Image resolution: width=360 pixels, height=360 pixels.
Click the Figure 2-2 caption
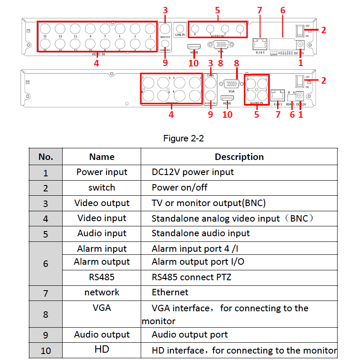click(x=183, y=139)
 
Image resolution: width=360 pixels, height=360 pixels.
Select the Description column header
click(x=239, y=157)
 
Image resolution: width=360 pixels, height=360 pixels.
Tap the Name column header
click(x=102, y=157)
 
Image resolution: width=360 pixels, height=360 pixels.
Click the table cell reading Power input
click(x=102, y=172)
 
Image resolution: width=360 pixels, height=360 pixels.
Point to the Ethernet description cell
click(x=170, y=292)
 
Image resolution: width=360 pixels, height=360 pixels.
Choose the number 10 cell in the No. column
click(x=46, y=351)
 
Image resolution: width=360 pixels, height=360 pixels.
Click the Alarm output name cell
click(x=102, y=262)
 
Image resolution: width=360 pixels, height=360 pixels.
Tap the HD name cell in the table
click(x=102, y=349)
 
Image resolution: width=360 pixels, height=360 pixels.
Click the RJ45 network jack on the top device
click(x=259, y=43)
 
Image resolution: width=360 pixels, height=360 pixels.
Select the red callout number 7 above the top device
click(x=259, y=10)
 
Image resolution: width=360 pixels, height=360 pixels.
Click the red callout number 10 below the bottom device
click(x=227, y=114)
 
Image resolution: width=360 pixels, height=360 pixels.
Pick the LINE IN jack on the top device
click(x=180, y=27)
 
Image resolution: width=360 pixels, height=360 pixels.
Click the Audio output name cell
click(x=102, y=335)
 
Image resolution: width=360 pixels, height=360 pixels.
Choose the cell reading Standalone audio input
click(x=201, y=233)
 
